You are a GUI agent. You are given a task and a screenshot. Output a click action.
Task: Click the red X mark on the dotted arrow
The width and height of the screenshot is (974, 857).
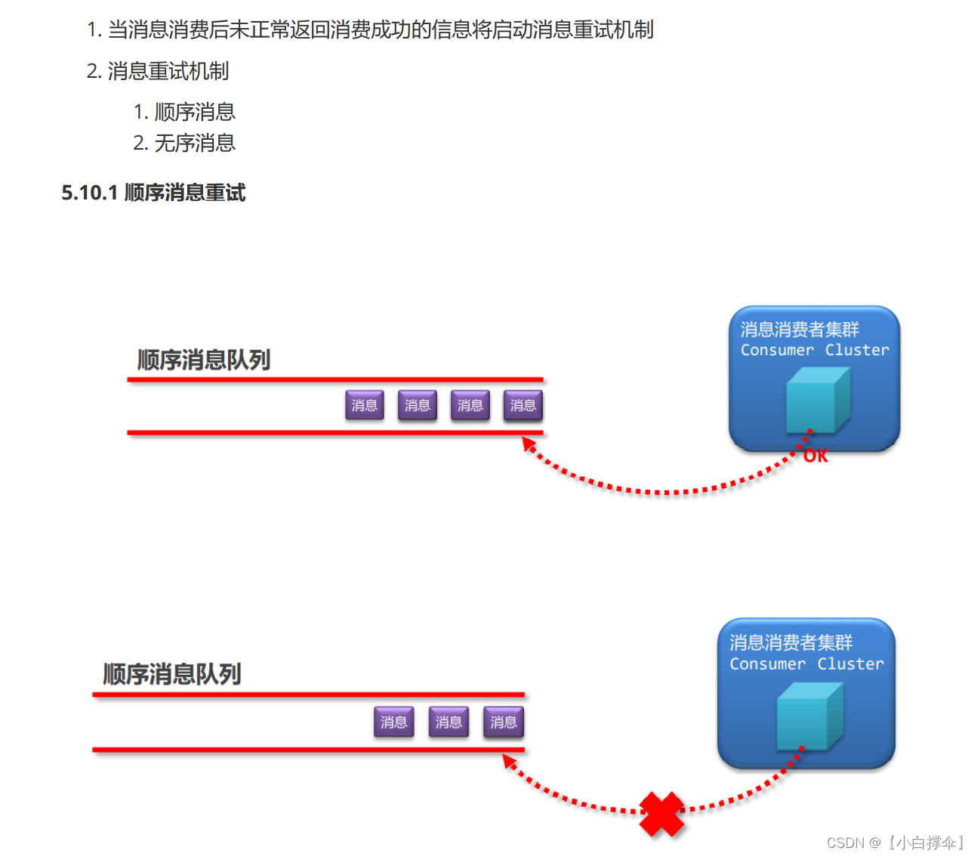coord(661,813)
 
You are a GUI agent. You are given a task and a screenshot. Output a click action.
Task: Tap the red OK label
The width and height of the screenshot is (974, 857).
coord(815,456)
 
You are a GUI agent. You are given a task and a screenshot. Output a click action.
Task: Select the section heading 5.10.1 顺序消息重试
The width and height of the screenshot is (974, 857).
coord(153,193)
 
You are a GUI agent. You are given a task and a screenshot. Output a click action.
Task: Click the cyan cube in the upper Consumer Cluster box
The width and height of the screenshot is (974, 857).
coord(817,401)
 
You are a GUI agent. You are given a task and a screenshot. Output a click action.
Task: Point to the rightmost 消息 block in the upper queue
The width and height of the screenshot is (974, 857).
coord(522,405)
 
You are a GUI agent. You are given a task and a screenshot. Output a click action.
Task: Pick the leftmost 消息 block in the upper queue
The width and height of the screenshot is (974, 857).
coord(365,405)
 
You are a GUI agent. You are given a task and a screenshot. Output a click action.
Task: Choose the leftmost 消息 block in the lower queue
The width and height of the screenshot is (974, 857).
coord(393,722)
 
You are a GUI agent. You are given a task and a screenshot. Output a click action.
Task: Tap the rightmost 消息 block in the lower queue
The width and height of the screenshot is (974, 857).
coord(504,722)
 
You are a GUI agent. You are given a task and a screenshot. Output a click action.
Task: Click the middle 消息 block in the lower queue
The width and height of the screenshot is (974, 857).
coord(448,722)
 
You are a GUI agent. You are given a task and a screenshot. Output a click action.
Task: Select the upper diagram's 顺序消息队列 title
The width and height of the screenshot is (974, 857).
coord(204,360)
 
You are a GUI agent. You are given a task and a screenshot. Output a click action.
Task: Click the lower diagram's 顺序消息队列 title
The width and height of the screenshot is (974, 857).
coord(172,673)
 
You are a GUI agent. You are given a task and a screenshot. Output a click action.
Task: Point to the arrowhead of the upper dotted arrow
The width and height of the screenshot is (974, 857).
coord(529,445)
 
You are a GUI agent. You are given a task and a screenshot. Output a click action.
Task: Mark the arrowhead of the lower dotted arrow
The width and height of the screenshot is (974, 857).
coord(509,761)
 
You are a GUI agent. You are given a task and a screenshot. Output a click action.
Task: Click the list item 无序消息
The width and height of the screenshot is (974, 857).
coord(195,143)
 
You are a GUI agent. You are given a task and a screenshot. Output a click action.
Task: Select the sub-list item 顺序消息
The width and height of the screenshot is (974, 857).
coord(195,112)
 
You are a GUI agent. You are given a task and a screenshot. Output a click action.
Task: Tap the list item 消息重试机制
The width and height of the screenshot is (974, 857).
coord(168,71)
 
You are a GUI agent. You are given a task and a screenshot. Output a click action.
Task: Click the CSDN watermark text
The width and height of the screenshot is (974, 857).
coord(895,843)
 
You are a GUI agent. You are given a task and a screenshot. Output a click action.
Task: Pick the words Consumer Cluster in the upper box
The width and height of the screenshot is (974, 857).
coord(815,350)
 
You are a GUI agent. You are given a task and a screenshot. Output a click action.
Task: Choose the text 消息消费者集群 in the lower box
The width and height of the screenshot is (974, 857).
coord(791,642)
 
